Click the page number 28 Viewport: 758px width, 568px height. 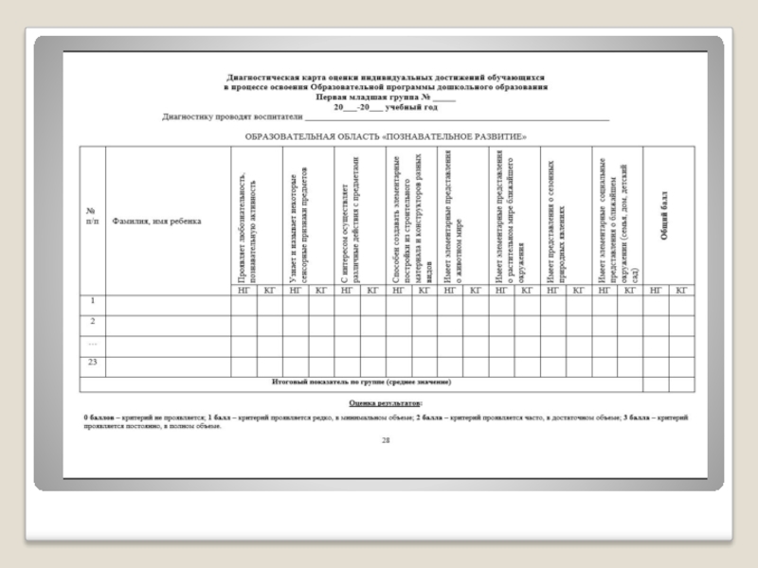(x=385, y=441)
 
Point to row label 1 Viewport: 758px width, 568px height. (x=93, y=302)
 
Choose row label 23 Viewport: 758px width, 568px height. (x=93, y=362)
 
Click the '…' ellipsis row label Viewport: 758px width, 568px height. (x=93, y=342)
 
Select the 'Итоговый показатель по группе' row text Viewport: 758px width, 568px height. (x=360, y=382)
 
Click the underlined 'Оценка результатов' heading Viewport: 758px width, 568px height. (x=386, y=403)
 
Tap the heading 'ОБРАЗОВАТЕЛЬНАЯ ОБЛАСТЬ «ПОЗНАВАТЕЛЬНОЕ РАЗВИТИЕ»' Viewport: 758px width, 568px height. (x=385, y=136)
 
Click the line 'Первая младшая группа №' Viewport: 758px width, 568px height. (x=385, y=98)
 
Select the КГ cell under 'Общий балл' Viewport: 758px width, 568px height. (x=681, y=291)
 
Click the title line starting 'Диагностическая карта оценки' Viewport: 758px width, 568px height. (x=385, y=78)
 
